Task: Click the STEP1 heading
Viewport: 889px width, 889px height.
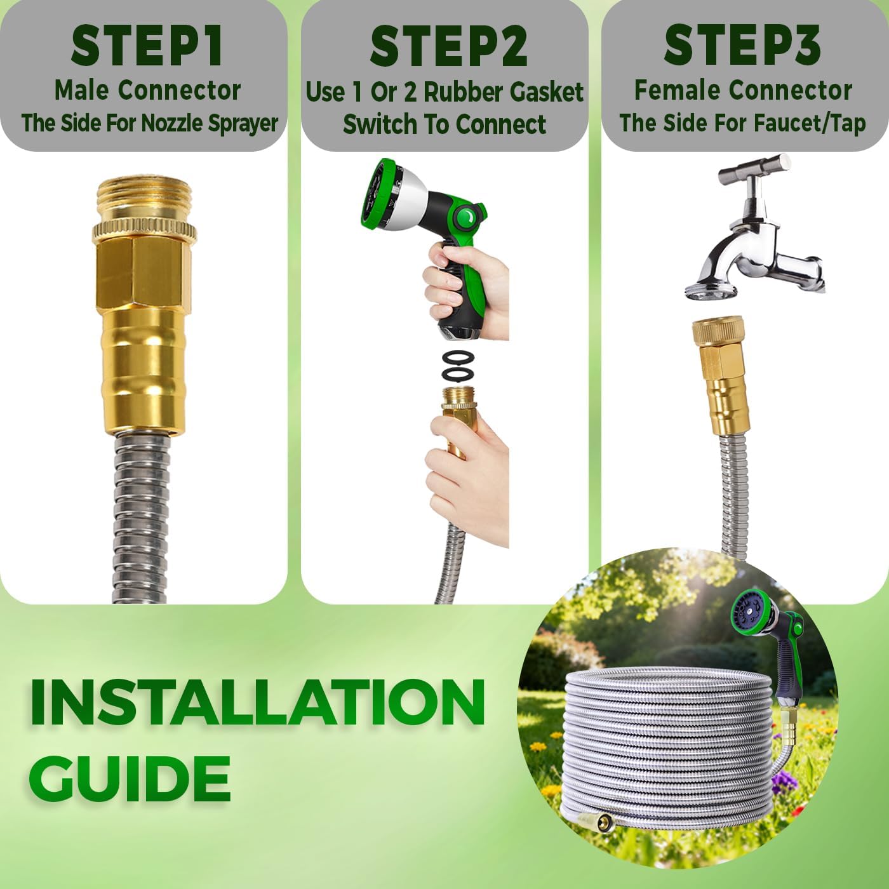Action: pos(147,46)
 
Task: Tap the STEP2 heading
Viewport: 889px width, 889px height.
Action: pos(448,47)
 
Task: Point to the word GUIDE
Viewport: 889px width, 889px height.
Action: pos(130,779)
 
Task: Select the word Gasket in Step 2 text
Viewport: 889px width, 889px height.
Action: pos(543,92)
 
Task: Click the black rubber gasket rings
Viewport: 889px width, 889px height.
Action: pos(458,364)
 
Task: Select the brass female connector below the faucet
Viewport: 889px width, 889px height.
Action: pos(719,375)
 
